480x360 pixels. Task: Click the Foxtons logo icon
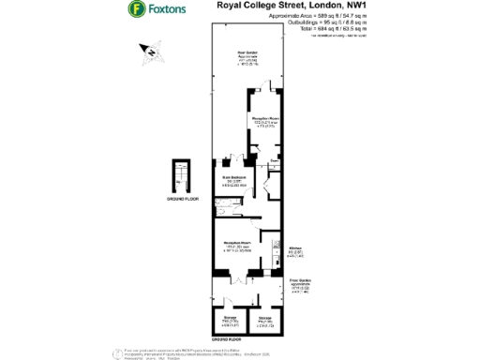[x=138, y=10]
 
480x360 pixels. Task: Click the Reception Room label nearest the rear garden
[x=265, y=121]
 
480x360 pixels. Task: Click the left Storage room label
[x=228, y=319]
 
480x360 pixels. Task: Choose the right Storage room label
[x=265, y=320]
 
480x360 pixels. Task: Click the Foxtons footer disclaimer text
[x=225, y=352]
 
